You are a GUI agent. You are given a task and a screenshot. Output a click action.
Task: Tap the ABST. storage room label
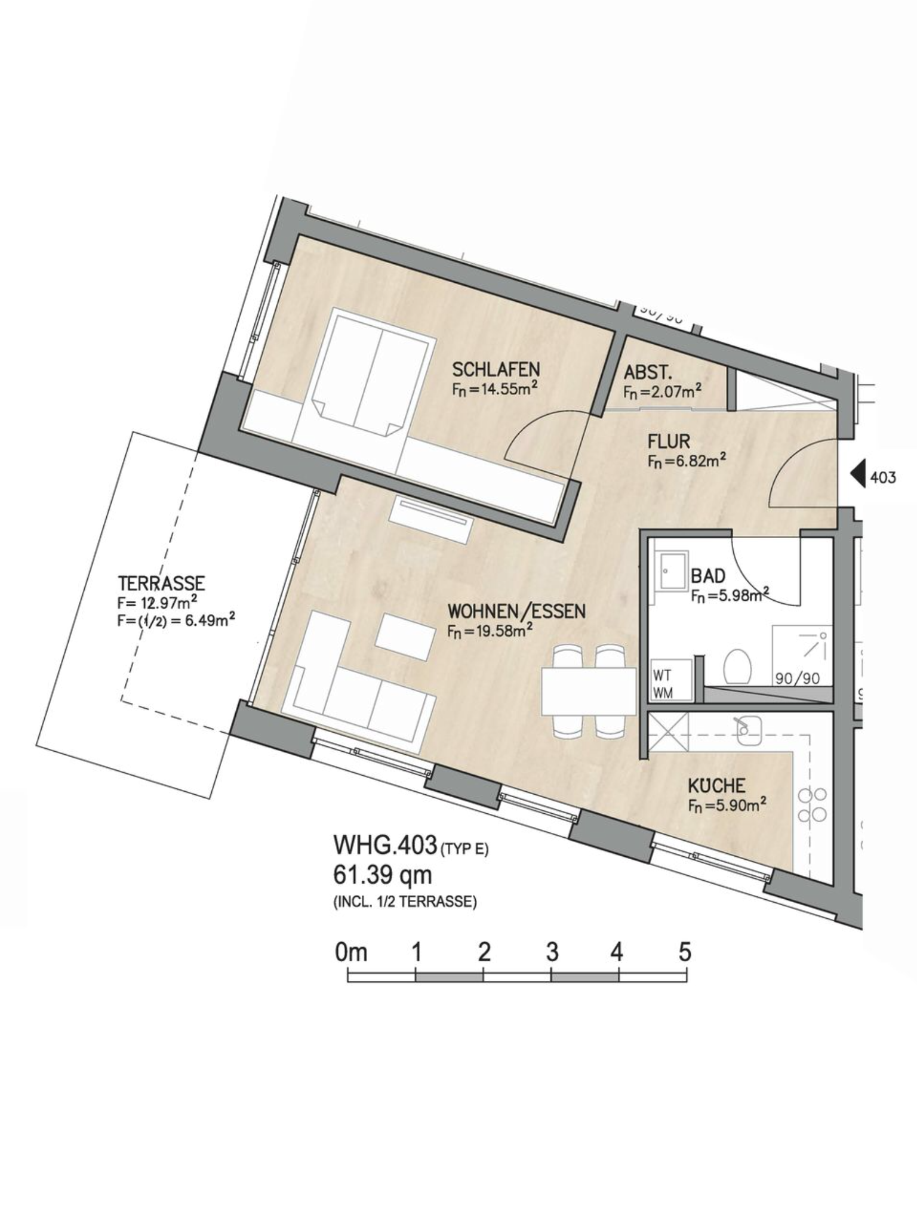click(648, 373)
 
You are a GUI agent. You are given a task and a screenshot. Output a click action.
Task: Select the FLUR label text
click(669, 442)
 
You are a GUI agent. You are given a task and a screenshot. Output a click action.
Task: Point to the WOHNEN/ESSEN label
click(517, 612)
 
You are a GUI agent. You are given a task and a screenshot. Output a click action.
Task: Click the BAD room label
click(708, 576)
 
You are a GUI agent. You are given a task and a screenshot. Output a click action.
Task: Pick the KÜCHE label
click(716, 785)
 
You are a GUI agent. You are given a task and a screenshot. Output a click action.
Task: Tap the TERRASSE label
click(162, 582)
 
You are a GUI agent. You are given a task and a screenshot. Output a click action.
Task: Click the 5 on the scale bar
click(685, 951)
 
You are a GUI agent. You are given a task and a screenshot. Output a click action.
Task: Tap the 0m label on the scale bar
click(351, 952)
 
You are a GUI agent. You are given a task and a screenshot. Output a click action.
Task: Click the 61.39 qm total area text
click(383, 876)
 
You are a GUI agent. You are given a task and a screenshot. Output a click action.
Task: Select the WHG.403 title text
click(384, 845)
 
